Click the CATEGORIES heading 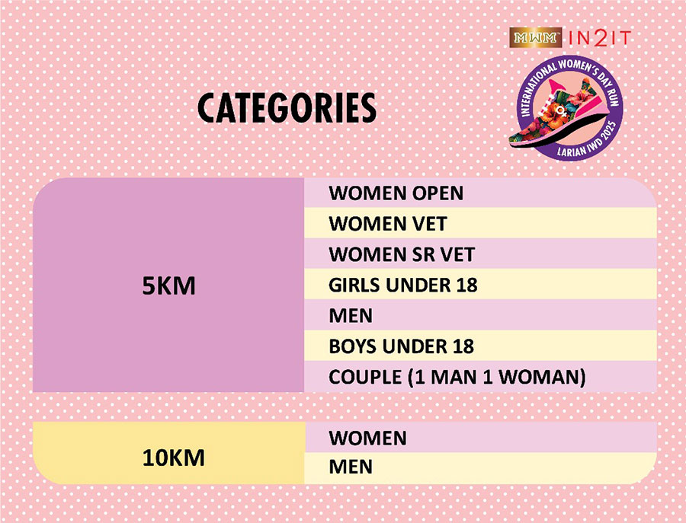[x=287, y=108]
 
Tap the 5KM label [x=169, y=286]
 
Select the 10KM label [x=174, y=458]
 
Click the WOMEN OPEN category [x=396, y=193]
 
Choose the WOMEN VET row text [x=388, y=224]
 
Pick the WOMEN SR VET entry [x=402, y=254]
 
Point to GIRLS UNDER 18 [x=403, y=285]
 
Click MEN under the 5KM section [x=351, y=315]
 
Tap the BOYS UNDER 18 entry [x=401, y=346]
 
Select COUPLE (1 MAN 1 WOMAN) [x=457, y=377]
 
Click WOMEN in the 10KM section [x=367, y=438]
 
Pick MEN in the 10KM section [x=351, y=466]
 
